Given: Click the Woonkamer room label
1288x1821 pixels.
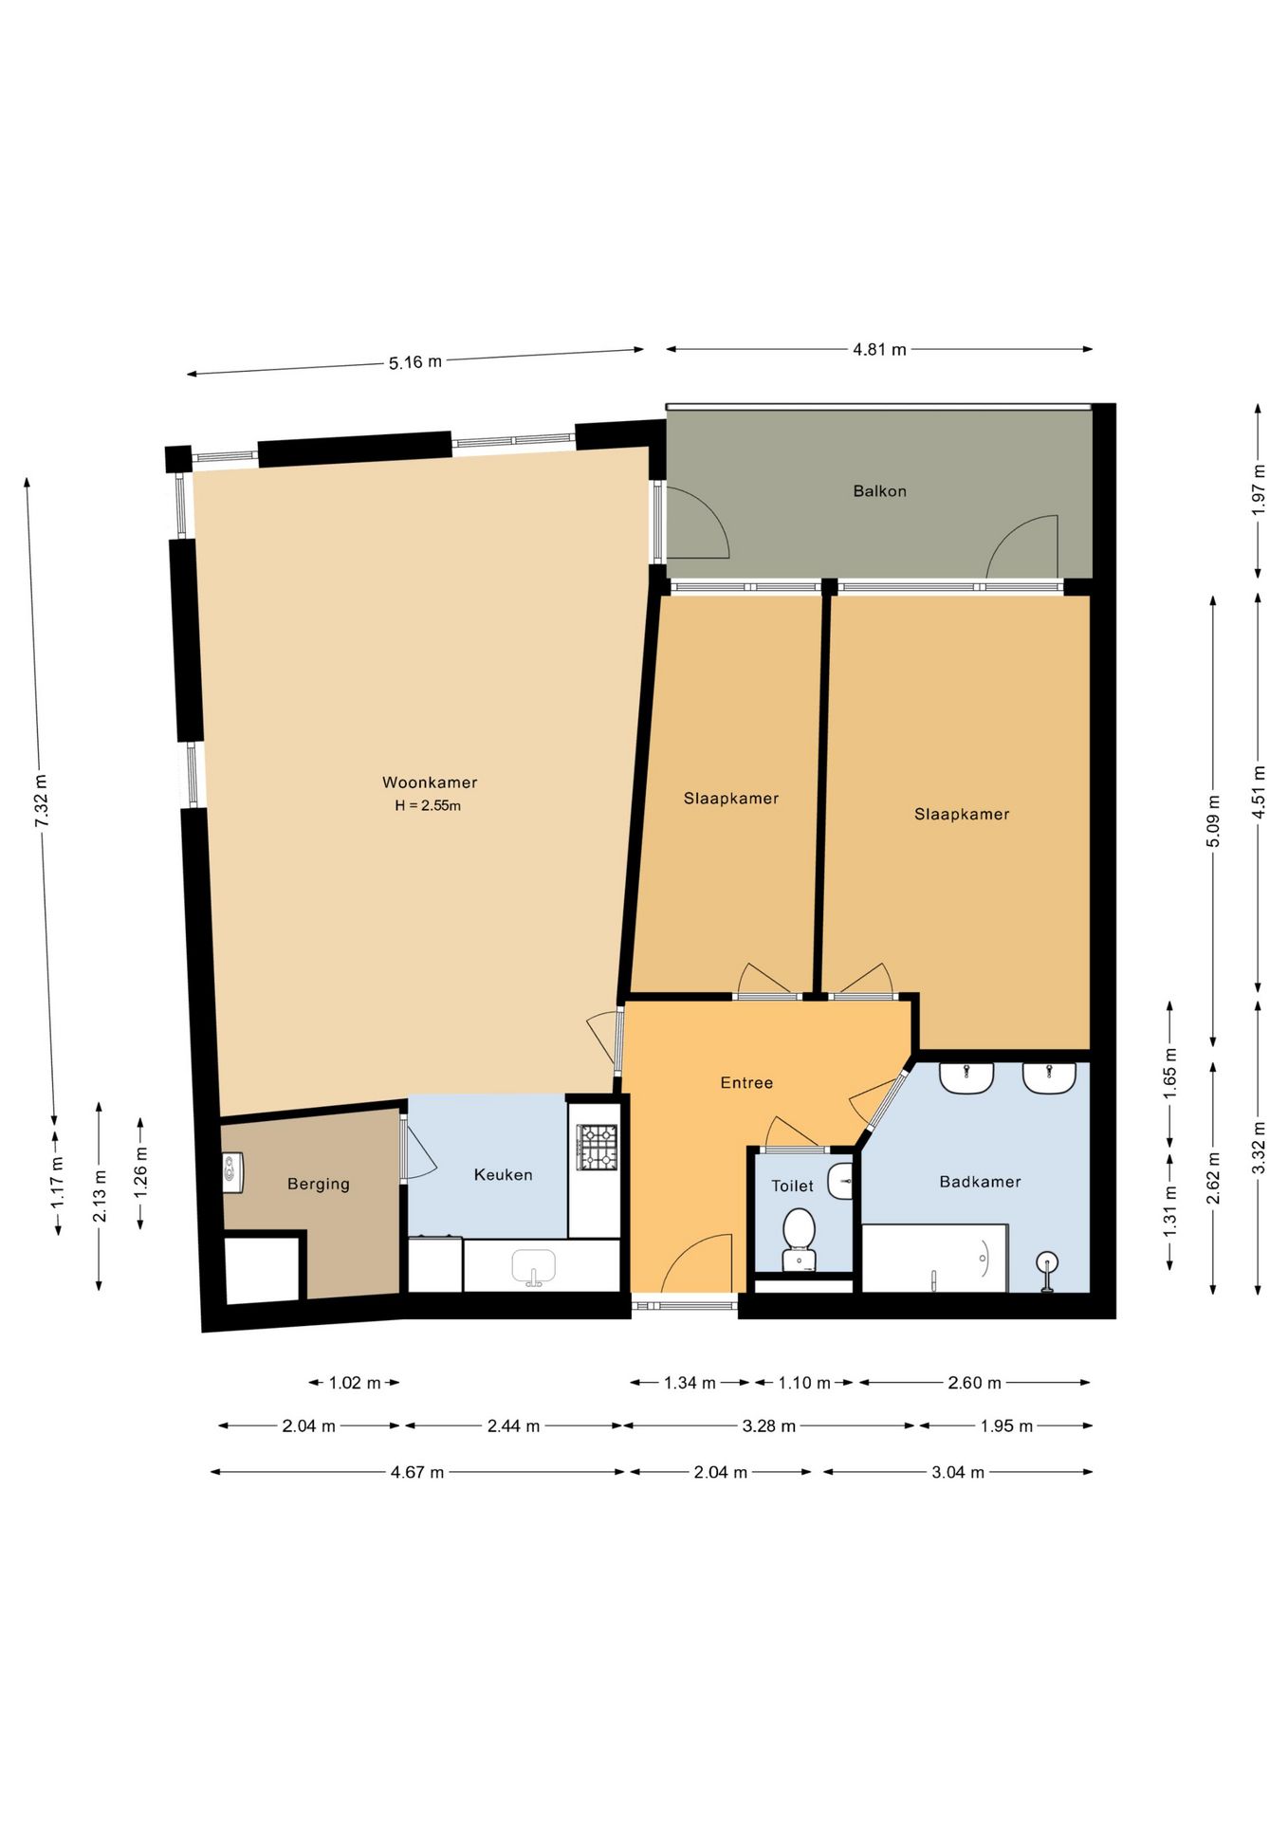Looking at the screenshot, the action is click(430, 782).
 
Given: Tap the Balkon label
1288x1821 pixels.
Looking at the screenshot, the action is click(879, 491).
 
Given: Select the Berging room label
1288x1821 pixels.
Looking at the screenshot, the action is click(319, 1184).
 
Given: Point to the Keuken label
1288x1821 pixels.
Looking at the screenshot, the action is click(503, 1174).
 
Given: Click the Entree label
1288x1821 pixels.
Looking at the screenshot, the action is click(746, 1082).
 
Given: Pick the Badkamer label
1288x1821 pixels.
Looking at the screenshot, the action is click(980, 1182).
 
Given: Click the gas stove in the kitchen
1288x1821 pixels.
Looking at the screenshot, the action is click(598, 1147).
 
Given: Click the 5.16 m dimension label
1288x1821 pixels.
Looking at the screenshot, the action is click(414, 362).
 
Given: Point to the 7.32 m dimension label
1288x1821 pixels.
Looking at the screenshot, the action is click(42, 800).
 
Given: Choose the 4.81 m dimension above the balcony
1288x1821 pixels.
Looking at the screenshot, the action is click(879, 349).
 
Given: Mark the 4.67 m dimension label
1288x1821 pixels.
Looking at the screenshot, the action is click(417, 1472).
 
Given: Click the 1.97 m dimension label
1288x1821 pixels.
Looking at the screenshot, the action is click(1259, 489).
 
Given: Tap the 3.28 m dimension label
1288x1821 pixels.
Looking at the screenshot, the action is click(768, 1426).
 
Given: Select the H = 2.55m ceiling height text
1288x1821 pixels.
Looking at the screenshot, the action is click(428, 805).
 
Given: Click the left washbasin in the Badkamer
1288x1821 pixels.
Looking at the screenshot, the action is click(966, 1077).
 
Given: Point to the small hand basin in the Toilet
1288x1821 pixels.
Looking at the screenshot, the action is click(840, 1182).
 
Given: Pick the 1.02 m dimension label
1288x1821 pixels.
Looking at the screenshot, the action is click(355, 1383).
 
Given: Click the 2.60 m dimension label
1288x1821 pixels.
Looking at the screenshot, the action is click(974, 1383).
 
